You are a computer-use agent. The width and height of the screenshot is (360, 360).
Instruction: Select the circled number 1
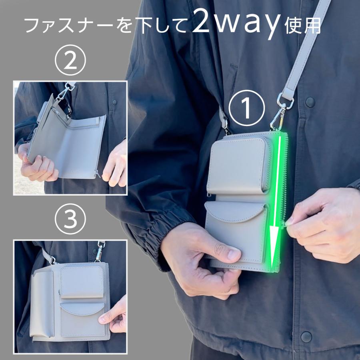click(248, 107)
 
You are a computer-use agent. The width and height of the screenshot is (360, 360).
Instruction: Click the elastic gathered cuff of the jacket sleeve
click(152, 240)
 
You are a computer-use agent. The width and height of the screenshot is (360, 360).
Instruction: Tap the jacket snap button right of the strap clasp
click(310, 102)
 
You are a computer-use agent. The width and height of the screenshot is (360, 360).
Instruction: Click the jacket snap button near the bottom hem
click(306, 336)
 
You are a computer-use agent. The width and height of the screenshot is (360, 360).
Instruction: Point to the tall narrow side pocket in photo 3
click(42, 304)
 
